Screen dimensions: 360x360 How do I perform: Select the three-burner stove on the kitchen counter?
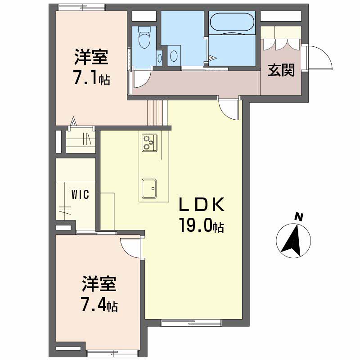tap(148, 142)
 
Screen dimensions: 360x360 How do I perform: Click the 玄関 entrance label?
tap(282, 71)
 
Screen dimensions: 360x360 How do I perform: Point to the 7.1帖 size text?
tap(92, 80)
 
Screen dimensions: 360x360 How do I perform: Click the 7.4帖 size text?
tap(99, 306)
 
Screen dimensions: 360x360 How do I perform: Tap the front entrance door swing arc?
tap(320, 58)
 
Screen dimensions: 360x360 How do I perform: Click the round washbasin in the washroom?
tap(174, 55)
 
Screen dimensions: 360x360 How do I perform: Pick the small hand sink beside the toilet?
tap(159, 58)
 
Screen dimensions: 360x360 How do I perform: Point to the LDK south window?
tap(191, 322)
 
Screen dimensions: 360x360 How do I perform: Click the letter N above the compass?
tap(298, 217)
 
